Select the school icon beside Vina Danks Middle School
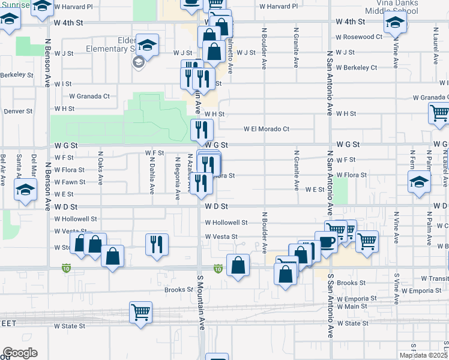click(x=394, y=22)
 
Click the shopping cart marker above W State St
click(x=140, y=312)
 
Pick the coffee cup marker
click(x=325, y=242)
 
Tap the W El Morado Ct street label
click(x=267, y=128)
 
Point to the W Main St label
click(x=351, y=307)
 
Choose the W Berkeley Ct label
click(x=357, y=67)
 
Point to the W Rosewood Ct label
click(x=359, y=37)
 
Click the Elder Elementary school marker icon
click(x=146, y=46)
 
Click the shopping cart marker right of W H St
click(x=439, y=112)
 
